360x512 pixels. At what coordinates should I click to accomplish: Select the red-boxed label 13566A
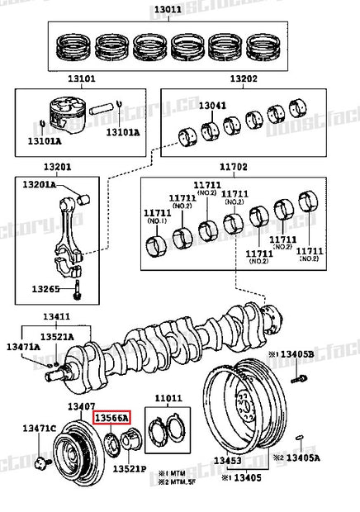(111, 420)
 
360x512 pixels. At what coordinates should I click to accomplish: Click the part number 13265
(45, 289)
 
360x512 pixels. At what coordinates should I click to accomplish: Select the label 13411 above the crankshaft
(56, 316)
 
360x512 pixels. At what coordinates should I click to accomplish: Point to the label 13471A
(23, 348)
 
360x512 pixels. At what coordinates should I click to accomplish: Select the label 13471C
(39, 427)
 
